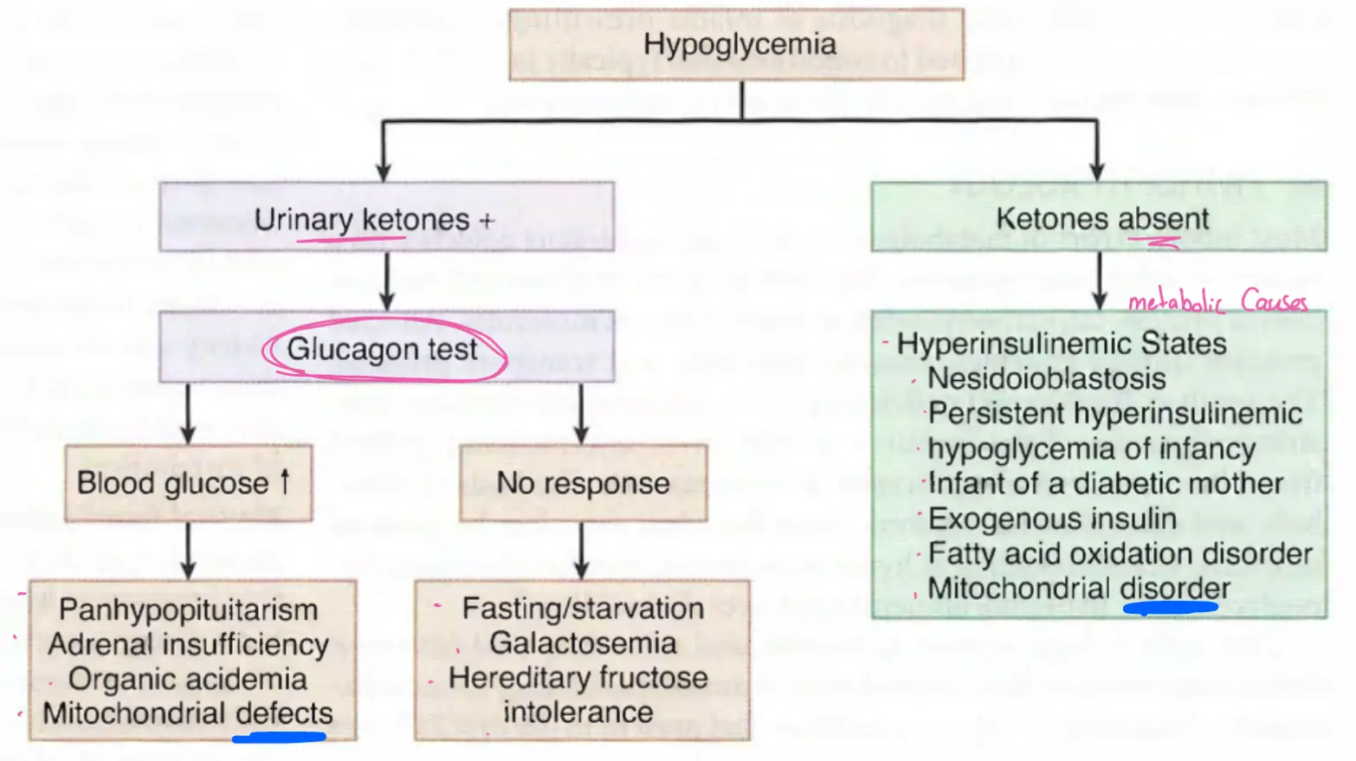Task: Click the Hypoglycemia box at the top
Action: point(738,45)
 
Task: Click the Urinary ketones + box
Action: point(386,218)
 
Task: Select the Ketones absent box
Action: point(1100,218)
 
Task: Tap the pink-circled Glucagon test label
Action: point(383,349)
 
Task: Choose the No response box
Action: point(583,483)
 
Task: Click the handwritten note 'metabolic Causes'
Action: point(1217,301)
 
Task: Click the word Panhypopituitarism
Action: point(188,609)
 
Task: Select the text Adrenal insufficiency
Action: point(188,644)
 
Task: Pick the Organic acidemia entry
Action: point(188,679)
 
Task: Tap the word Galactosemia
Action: point(583,643)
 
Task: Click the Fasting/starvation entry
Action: point(583,609)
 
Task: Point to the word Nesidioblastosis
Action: point(1046,378)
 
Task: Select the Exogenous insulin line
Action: point(1052,519)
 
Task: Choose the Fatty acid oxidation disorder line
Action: point(1120,553)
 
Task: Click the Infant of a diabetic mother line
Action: point(1105,483)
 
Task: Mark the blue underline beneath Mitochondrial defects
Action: point(279,738)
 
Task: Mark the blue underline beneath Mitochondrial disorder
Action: point(1170,608)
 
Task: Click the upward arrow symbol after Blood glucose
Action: point(285,481)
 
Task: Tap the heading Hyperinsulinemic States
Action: point(1062,344)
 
